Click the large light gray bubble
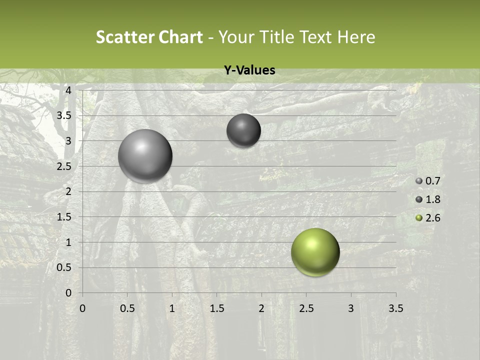coord(145,156)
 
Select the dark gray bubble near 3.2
coord(243,130)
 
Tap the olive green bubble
coord(315,252)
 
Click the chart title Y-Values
coord(249,70)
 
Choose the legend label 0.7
coord(432,181)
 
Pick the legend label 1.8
coord(432,199)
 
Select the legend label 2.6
coord(432,218)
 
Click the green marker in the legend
coord(419,218)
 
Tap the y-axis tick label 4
coord(68,90)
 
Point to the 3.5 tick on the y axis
coord(64,115)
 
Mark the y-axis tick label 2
coord(68,191)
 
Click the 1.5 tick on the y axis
coord(64,217)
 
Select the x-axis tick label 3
coord(350,308)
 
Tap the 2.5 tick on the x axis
coord(306,308)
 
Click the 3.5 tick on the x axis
coord(395,308)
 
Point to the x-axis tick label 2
coord(261,308)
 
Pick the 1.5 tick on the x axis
coord(216,308)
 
